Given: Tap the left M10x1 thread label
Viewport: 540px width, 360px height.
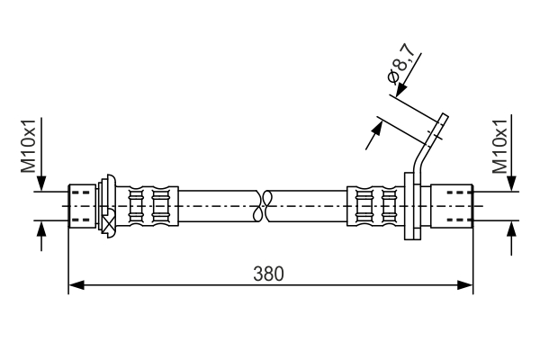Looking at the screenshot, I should coord(30,148).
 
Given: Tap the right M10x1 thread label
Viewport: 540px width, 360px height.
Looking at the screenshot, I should coord(501,148).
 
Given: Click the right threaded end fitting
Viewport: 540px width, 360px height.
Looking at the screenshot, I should coord(453,206).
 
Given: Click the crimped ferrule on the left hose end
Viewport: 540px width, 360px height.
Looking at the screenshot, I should coord(148,206).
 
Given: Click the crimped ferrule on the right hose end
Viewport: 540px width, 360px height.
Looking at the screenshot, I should coord(376,206).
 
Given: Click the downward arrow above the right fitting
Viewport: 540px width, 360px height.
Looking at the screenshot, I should coord(513,181).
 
